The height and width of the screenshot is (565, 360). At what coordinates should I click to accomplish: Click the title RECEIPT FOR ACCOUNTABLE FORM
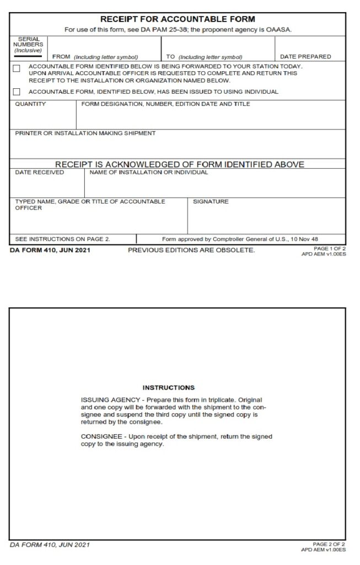coord(178,19)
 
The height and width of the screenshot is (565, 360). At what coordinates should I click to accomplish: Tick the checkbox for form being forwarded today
coord(17,68)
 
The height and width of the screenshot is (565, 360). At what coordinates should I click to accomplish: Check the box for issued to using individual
coord(17,92)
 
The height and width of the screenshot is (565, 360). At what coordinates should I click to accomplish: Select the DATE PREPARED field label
coord(305,57)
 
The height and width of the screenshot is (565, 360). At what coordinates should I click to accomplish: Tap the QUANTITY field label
coord(30,104)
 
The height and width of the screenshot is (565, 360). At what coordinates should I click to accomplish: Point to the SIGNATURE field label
coord(211,202)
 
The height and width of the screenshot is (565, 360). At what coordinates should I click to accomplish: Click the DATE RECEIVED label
coord(39,173)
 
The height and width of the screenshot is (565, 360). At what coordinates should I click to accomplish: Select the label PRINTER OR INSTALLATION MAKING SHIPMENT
coord(85,134)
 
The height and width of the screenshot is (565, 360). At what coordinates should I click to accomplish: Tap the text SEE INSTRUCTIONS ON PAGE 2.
coord(62,239)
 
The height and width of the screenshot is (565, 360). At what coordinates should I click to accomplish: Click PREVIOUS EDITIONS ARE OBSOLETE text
coord(191,250)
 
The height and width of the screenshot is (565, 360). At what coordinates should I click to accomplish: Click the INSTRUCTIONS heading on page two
coord(168,388)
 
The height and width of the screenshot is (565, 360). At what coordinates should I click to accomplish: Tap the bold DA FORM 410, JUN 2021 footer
coord(50,250)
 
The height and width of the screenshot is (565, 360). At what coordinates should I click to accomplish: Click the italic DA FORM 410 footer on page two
coord(50,545)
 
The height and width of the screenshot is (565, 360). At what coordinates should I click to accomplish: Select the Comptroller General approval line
coord(240,239)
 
